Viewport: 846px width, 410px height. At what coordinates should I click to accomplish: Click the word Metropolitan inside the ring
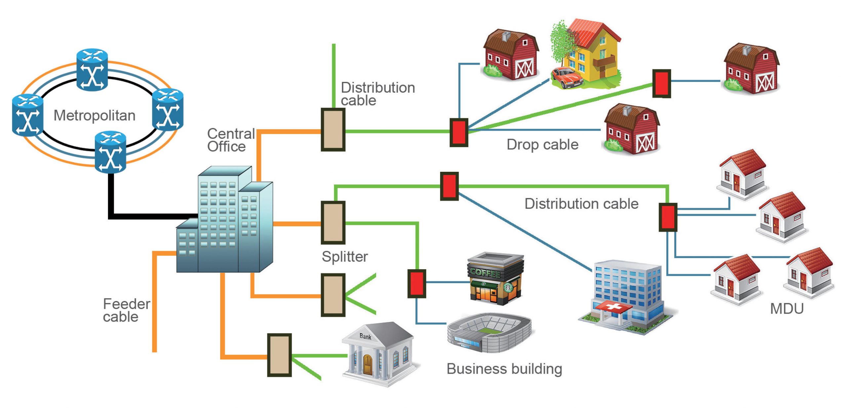point(95,116)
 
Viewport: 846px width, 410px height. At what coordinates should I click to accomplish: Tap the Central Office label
point(231,140)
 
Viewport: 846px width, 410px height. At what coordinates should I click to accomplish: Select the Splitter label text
point(345,257)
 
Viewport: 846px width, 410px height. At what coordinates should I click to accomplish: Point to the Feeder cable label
point(126,310)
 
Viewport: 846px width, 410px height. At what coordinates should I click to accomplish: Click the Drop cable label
point(542,145)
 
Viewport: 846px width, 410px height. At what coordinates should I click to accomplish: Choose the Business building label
point(504,369)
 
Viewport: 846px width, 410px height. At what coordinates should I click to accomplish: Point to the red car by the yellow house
point(566,78)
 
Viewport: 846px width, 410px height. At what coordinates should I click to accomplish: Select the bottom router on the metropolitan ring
point(110,152)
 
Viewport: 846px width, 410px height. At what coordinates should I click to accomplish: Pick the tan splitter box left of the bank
point(279,355)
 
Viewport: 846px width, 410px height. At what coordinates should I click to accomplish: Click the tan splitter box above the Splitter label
point(333,223)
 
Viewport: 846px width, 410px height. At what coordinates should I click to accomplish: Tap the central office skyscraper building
point(225,221)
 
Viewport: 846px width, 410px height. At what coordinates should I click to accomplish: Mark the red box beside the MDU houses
point(668,217)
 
